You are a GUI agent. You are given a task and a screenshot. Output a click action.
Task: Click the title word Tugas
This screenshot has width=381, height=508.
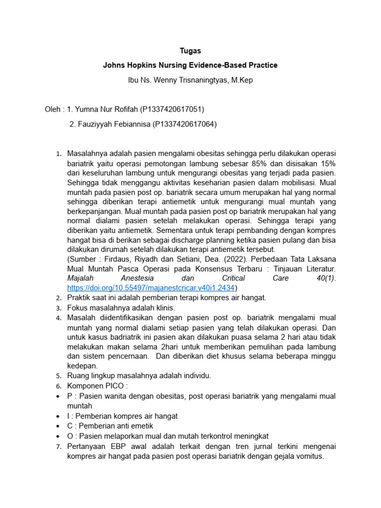coord(190,51)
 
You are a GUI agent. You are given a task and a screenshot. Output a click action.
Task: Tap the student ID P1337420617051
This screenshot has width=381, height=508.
coord(172,109)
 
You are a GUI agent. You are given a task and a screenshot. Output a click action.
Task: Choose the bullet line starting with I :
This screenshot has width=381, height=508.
coord(123,416)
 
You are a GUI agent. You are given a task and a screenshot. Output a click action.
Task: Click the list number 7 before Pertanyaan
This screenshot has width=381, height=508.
coord(58,445)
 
